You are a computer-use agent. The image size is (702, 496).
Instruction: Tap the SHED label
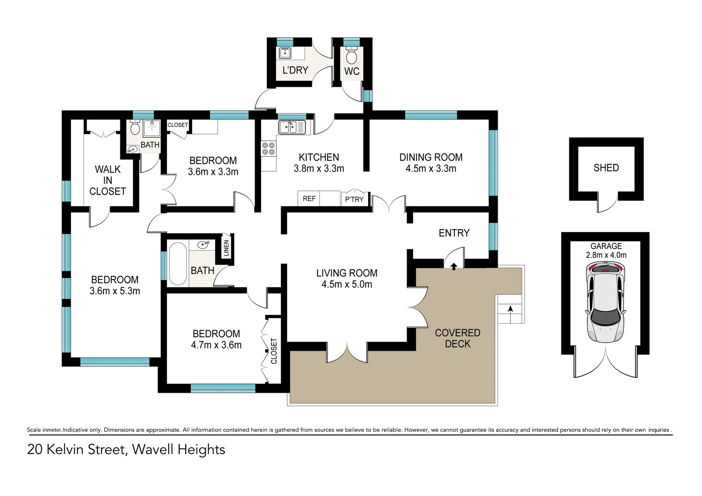606,168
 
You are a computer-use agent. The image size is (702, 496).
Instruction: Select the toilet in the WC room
351,56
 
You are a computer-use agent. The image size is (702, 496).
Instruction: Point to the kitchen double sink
292,127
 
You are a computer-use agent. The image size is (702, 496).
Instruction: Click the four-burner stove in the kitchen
269,148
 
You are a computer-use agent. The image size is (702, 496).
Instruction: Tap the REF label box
309,199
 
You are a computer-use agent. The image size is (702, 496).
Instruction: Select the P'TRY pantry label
354,199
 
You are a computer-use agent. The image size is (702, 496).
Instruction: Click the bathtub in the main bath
178,264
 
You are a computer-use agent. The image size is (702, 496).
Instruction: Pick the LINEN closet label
226,248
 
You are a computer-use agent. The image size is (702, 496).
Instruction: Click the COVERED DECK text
458,338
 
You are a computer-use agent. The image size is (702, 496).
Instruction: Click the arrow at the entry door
454,266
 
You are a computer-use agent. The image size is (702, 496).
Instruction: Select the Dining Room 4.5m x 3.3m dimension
431,169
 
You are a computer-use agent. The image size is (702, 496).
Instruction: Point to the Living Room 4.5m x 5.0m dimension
347,284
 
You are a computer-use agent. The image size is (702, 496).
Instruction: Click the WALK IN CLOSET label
108,180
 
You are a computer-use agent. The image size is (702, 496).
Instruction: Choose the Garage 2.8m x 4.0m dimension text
606,255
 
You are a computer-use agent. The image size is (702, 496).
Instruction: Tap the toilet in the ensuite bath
135,128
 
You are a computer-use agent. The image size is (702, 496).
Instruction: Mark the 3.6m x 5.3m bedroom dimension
115,291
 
